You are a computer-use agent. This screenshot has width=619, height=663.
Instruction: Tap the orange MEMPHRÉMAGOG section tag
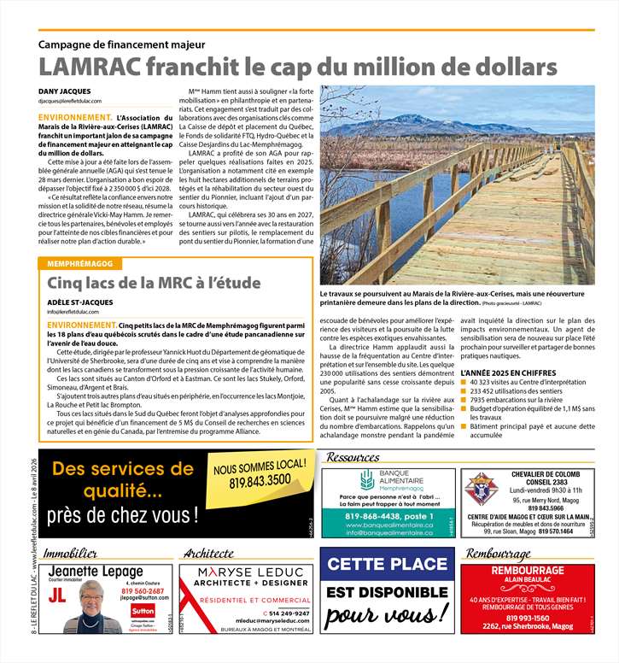[x=82, y=264]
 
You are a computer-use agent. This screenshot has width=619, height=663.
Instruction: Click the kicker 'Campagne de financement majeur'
[x=121, y=44]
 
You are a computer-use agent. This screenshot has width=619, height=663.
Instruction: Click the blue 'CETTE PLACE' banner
[x=387, y=565]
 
